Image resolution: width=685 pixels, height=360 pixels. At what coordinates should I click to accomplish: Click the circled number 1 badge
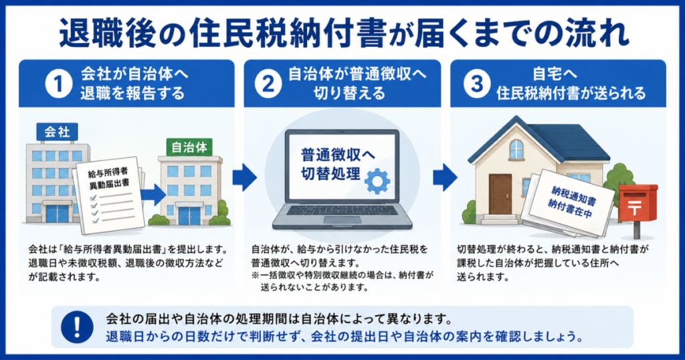[x=59, y=84]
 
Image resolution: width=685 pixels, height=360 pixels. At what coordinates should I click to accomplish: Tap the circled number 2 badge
[x=268, y=84]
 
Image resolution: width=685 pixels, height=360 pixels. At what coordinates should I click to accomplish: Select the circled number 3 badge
[x=476, y=84]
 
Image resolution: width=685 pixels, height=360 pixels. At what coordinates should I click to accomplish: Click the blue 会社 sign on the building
[x=58, y=132]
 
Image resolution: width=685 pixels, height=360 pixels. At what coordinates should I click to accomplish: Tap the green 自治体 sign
[x=189, y=147]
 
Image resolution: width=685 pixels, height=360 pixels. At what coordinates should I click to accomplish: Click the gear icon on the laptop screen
[x=377, y=181]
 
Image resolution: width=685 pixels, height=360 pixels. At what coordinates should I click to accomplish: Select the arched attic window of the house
[x=516, y=149]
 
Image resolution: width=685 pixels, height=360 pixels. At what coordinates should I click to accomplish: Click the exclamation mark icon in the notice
[x=78, y=327]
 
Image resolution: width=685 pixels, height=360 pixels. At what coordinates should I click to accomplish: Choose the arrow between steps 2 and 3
[x=445, y=177]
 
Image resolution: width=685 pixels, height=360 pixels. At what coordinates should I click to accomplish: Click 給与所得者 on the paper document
[x=108, y=173]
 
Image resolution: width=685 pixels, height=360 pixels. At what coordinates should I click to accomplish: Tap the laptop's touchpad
[x=342, y=219]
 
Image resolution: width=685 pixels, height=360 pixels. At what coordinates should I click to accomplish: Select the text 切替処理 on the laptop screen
[x=330, y=174]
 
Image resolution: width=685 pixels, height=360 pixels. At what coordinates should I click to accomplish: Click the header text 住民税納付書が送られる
[x=571, y=94]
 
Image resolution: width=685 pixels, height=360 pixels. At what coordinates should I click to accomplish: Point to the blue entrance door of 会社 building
[x=58, y=213]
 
